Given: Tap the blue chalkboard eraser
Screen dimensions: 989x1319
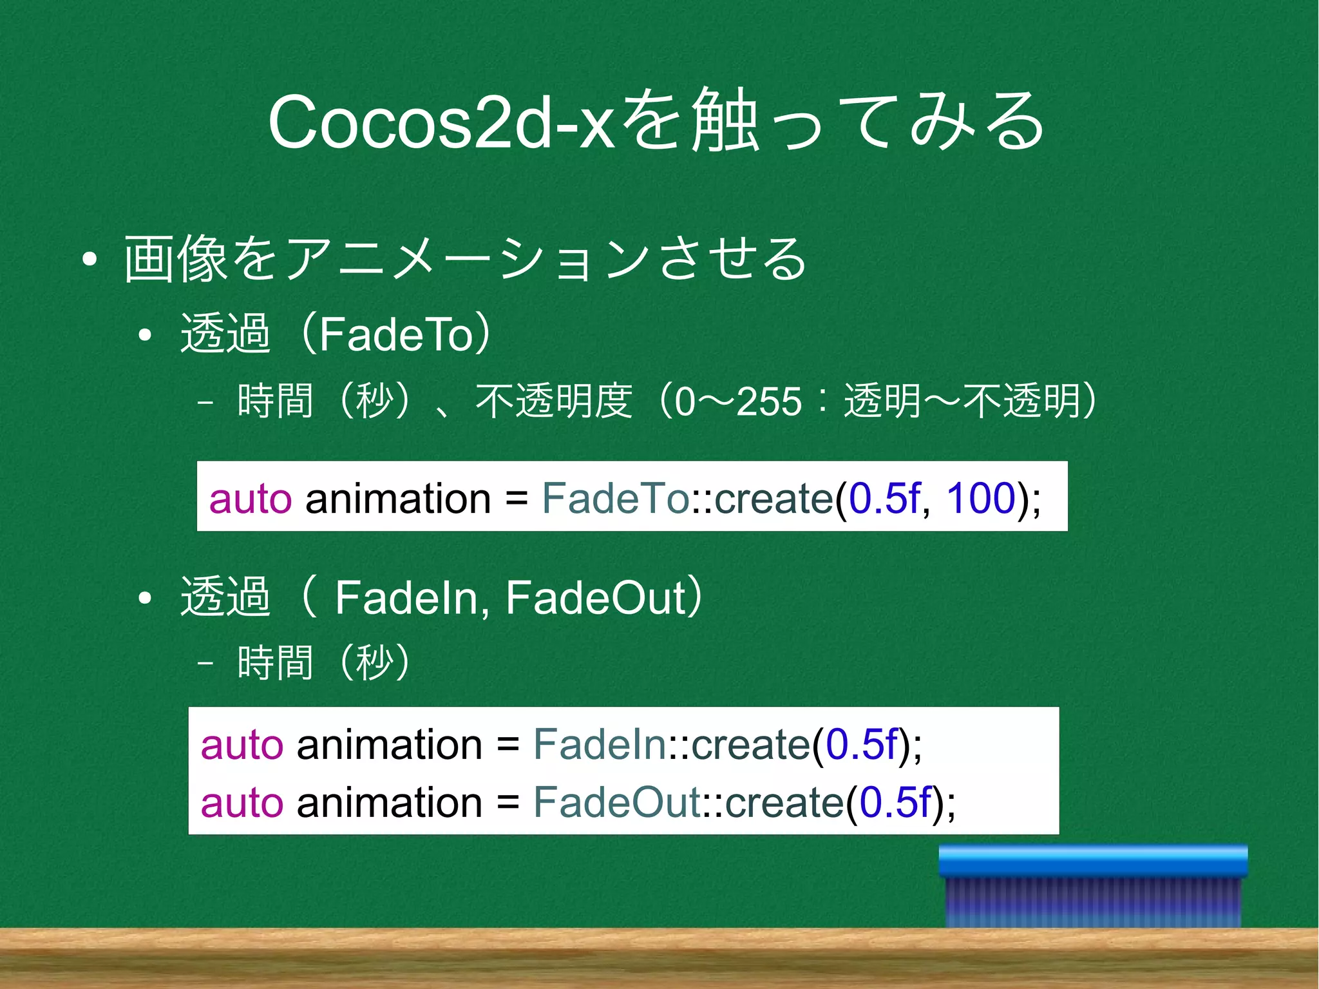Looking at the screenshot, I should [1093, 886].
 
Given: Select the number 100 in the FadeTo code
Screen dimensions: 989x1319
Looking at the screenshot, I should [980, 498].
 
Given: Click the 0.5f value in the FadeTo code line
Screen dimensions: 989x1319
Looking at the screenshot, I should [884, 498].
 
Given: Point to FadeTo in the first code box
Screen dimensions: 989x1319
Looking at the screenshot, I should [615, 498].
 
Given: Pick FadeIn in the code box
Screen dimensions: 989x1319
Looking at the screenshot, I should [599, 744].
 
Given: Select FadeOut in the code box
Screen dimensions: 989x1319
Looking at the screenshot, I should [616, 802].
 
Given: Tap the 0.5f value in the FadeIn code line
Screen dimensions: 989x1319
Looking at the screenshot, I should [861, 744].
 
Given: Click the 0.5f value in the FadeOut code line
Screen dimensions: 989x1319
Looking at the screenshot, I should [895, 802].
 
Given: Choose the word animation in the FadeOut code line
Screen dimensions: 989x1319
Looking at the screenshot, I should [389, 802].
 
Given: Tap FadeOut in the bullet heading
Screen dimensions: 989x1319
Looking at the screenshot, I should [596, 597].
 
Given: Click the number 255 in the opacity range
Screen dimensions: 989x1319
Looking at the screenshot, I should [768, 401].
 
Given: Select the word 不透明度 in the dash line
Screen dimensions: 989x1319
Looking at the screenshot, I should [553, 401].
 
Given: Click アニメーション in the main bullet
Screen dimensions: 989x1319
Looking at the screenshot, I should [467, 259].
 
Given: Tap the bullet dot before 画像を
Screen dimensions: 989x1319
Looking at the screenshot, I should [90, 260].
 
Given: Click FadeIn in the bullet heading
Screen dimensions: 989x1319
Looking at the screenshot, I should [406, 597].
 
